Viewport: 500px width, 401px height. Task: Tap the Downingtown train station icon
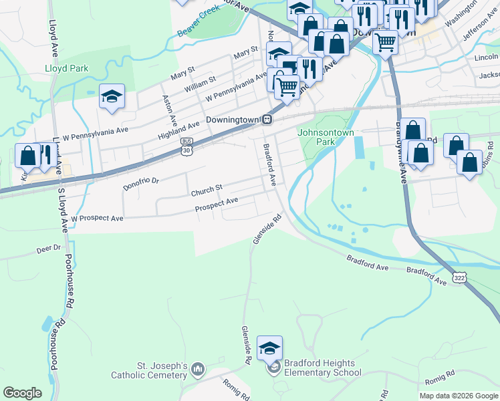coord(267,119)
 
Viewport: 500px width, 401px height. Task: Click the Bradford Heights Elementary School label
coord(322,368)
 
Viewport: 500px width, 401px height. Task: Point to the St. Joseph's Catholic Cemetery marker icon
coord(197,369)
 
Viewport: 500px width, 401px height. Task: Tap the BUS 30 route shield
coord(187,147)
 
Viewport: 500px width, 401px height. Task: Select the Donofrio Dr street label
coord(142,181)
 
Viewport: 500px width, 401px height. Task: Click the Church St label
coord(206,192)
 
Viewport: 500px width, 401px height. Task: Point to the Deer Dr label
coord(48,248)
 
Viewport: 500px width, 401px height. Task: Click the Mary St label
coord(245,51)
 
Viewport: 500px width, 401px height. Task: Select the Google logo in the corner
coord(22,393)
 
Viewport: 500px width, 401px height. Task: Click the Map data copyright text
coord(458,396)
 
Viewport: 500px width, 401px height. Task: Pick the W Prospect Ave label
coord(98,218)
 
